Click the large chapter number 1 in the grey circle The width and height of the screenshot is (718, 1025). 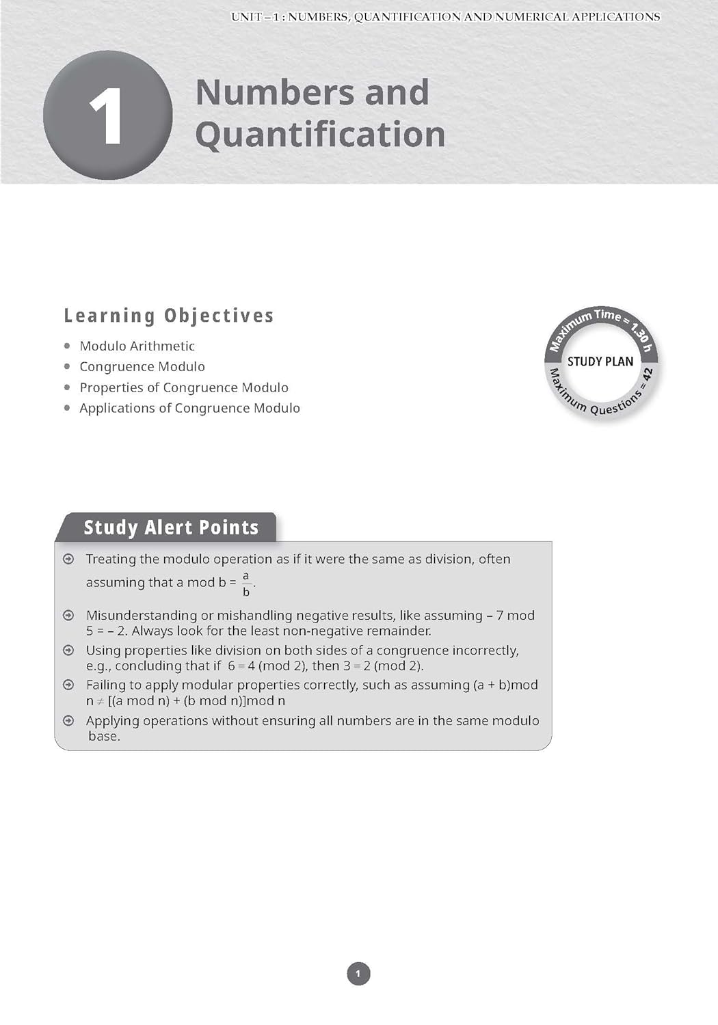[106, 117]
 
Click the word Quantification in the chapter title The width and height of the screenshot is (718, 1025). [320, 135]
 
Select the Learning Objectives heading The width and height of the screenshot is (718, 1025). [169, 316]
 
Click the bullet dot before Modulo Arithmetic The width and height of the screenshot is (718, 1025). [67, 346]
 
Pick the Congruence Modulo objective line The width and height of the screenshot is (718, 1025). [142, 367]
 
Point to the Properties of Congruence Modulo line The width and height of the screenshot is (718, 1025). [183, 387]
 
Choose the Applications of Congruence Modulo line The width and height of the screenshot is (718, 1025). [189, 408]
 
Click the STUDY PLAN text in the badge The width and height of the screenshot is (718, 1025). [600, 361]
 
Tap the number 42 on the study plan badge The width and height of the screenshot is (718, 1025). [647, 375]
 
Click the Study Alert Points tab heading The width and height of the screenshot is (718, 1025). [171, 528]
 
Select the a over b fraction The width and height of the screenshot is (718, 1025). [246, 584]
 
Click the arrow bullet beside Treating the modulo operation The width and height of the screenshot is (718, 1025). [68, 560]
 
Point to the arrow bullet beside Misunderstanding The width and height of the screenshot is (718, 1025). [68, 616]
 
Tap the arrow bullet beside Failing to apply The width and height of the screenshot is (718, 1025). [68, 685]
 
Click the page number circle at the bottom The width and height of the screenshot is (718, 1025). [358, 974]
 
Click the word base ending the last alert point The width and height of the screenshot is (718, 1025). [104, 737]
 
